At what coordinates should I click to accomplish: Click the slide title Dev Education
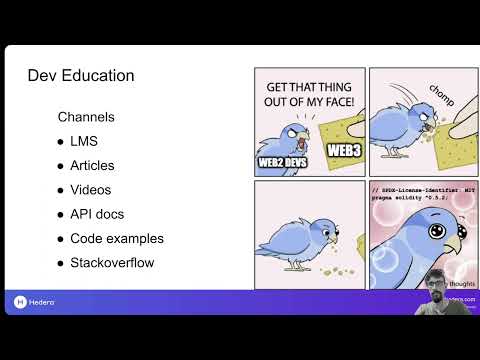click(80, 76)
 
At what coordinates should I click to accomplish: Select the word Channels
click(86, 117)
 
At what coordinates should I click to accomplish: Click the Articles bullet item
click(92, 165)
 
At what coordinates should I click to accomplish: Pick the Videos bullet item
click(90, 190)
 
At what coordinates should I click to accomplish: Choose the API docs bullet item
click(97, 214)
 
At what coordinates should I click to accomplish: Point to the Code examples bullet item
click(116, 239)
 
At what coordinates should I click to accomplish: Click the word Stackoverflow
click(112, 263)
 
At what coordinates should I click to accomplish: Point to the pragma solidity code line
click(410, 199)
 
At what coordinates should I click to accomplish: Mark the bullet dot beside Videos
click(62, 190)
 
